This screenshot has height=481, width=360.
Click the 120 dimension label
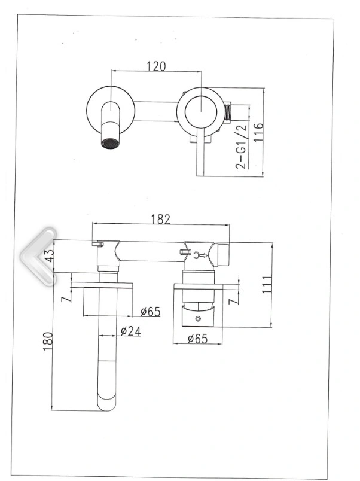(x=156, y=66)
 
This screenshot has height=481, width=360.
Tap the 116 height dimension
(x=258, y=132)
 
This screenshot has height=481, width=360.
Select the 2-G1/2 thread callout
(x=241, y=147)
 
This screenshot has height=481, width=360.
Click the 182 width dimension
(x=160, y=220)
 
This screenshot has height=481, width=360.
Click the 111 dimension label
(x=267, y=285)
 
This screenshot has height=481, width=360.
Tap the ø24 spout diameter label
(x=130, y=331)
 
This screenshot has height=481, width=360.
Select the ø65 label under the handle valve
(x=198, y=339)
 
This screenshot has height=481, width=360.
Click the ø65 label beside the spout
(x=151, y=312)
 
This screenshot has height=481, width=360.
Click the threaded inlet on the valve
(x=227, y=112)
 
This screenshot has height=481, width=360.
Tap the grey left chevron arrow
(x=38, y=257)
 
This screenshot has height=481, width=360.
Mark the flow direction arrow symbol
(x=200, y=255)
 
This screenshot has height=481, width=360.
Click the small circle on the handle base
(x=198, y=319)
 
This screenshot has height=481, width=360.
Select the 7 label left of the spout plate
(x=65, y=299)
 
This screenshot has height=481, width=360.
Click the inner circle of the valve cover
(x=201, y=111)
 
